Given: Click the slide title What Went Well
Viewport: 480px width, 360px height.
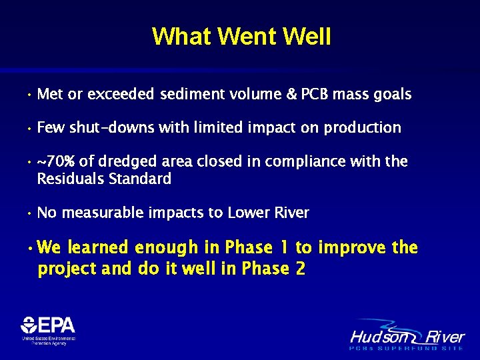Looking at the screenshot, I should [241, 36].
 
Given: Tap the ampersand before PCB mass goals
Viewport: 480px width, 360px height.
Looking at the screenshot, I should [291, 95].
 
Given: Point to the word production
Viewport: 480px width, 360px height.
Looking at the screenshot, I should [362, 127].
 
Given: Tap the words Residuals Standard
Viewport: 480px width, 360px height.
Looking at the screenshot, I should [104, 179].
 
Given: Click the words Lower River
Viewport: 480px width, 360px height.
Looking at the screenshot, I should [268, 213].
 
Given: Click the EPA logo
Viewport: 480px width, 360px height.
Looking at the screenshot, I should [48, 329].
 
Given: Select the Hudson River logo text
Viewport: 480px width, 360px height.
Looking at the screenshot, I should [407, 336].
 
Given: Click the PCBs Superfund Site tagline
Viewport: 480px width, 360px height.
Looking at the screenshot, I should [407, 348].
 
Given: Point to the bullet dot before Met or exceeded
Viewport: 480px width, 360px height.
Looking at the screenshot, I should [29, 95].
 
